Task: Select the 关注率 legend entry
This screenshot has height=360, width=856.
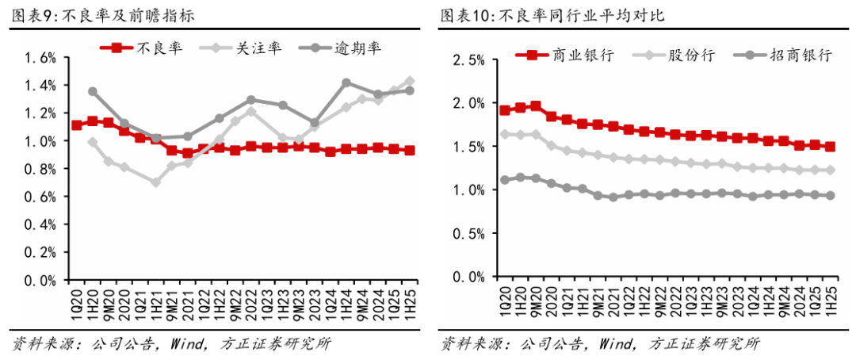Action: click(241, 48)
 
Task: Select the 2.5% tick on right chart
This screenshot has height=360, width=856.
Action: click(468, 59)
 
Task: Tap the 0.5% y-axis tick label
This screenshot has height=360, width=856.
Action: click(468, 234)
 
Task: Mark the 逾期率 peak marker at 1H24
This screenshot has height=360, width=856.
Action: click(346, 82)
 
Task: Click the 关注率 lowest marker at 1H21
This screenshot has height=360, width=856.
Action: click(156, 182)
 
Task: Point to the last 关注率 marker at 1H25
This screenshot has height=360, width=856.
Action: click(410, 81)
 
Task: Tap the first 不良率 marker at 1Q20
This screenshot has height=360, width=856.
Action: click(77, 125)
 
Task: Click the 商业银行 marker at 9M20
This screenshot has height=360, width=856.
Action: click(536, 105)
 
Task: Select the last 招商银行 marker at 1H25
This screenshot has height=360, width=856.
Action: click(831, 196)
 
